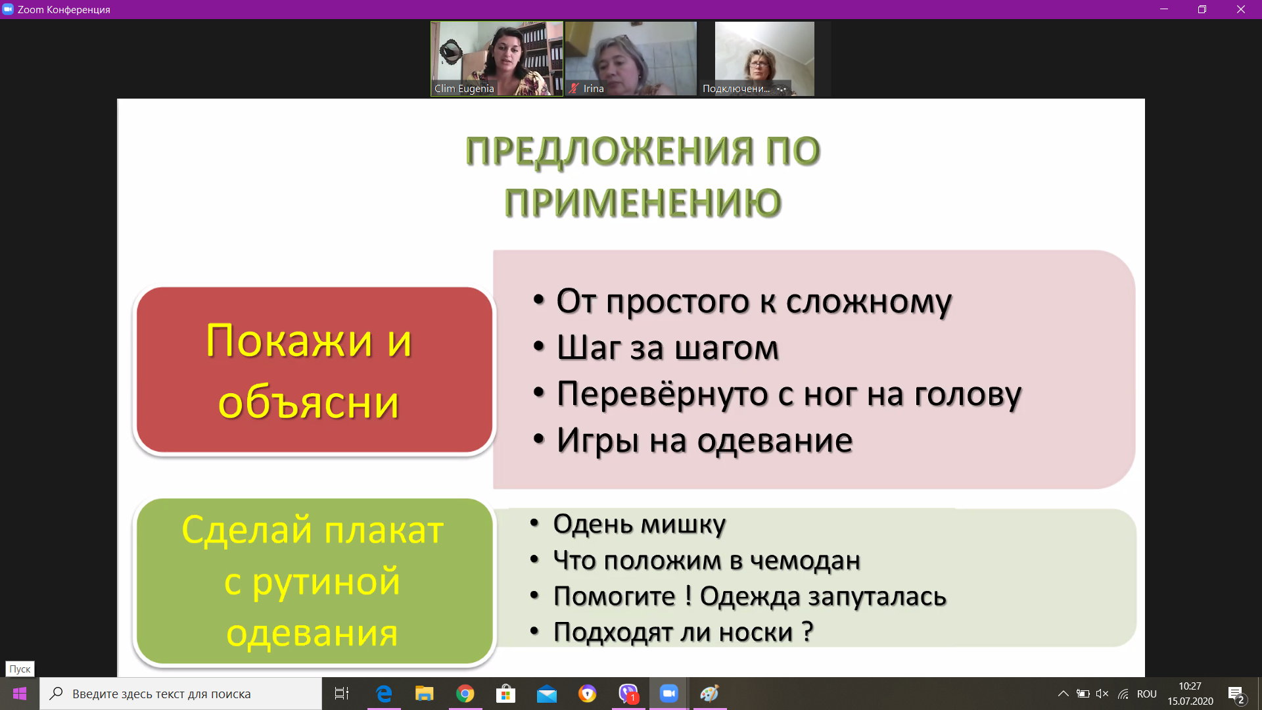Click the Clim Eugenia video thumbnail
[x=497, y=59]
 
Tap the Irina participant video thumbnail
[x=631, y=59]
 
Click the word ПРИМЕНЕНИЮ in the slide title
[x=643, y=202]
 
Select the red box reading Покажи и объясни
[x=314, y=370]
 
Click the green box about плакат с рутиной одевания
[x=314, y=581]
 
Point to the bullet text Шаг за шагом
[x=668, y=348]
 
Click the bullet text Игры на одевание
[x=705, y=440]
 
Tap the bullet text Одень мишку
[x=640, y=524]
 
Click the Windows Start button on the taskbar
[x=20, y=694]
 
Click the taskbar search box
[x=181, y=694]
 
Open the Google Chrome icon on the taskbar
[x=465, y=694]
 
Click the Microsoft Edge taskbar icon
[x=384, y=694]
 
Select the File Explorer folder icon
[x=425, y=694]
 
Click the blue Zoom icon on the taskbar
[x=669, y=694]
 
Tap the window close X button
[x=1241, y=9]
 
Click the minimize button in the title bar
[x=1164, y=9]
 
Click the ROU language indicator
[x=1147, y=694]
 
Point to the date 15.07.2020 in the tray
[x=1190, y=701]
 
